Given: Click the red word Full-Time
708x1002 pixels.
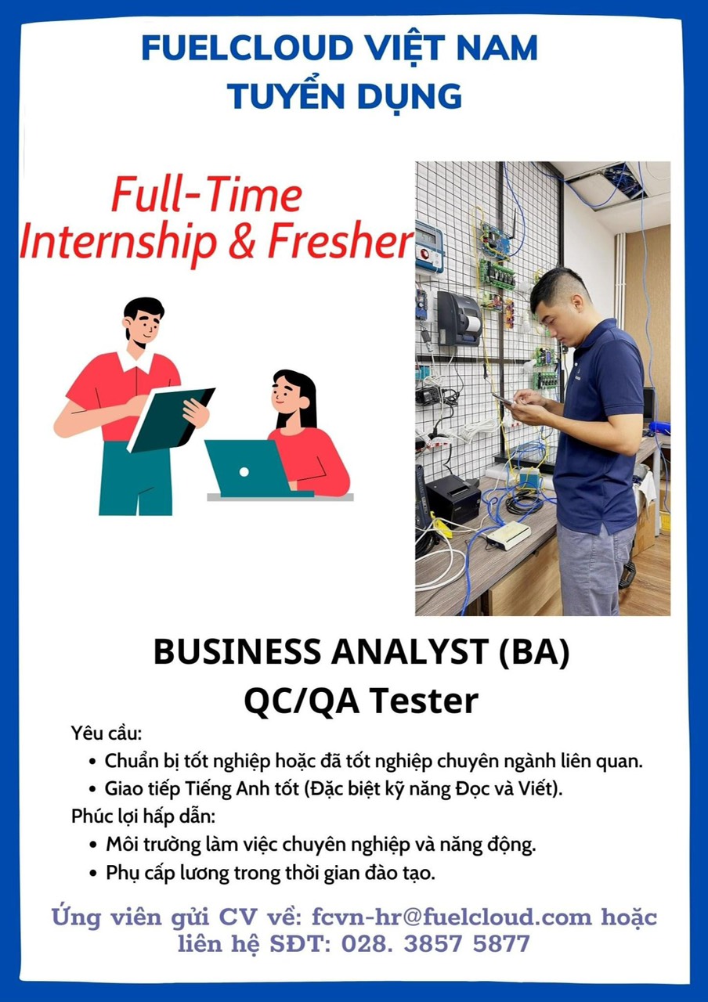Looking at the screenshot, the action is (207, 195).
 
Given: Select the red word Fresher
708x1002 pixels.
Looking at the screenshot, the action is (340, 243).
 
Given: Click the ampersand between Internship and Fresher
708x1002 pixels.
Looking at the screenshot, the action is (242, 243).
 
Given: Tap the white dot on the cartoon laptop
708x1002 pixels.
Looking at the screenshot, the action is (244, 471).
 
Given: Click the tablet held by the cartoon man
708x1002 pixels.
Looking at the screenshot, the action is (170, 419).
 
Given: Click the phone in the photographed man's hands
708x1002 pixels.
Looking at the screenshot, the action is (503, 399).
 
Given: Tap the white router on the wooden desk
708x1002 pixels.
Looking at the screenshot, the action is (508, 535).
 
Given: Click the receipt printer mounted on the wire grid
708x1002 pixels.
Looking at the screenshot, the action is (459, 319).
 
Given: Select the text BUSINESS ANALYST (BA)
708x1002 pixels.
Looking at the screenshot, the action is (362, 652).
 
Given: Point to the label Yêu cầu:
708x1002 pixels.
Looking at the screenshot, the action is (107, 733).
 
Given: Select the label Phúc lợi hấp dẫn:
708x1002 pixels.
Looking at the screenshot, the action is (143, 816).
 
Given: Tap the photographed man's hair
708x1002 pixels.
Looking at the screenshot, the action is (553, 286).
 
